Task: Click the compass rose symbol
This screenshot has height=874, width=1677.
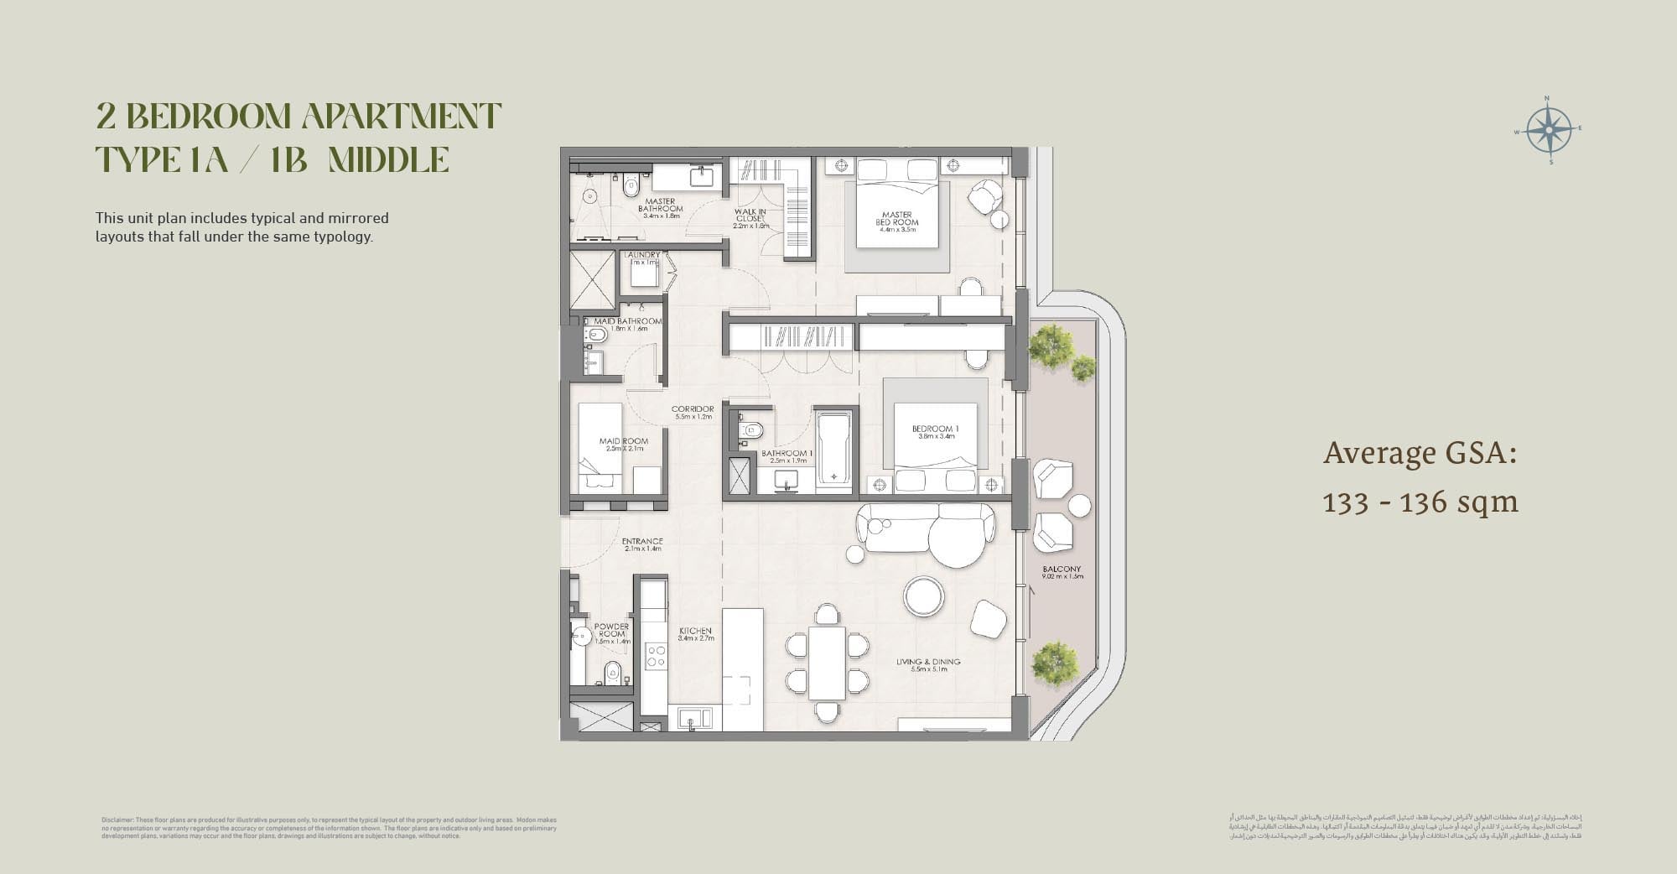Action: (1548, 131)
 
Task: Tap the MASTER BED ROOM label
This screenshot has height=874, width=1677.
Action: (896, 219)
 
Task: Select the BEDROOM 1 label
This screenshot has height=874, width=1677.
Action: (935, 432)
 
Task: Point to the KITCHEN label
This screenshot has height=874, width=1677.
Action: (695, 634)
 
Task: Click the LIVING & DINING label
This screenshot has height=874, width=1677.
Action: (928, 665)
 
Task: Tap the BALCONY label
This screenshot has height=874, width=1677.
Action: (1062, 572)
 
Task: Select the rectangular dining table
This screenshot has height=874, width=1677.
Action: (827, 662)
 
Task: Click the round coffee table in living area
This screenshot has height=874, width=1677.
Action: (924, 596)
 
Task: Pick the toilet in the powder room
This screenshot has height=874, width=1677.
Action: (613, 672)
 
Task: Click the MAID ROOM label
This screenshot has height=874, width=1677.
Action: (623, 444)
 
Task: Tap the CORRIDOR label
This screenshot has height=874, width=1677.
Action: (693, 412)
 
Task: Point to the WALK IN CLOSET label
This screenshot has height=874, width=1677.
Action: (750, 218)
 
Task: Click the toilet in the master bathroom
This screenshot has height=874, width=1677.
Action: (631, 185)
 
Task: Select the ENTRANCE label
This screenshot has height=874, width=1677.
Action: (642, 544)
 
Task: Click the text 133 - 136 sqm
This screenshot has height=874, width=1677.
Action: (1420, 502)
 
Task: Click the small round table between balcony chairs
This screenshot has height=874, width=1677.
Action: (1079, 506)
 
